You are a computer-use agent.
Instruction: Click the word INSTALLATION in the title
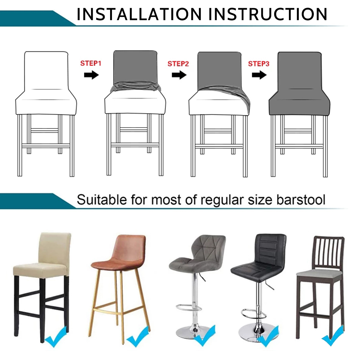pos(139,14)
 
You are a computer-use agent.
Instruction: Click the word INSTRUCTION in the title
pos(268,14)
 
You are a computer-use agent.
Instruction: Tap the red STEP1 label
pos(91,63)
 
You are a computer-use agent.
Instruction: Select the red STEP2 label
pos(178,64)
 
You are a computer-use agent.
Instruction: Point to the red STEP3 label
pos(259,64)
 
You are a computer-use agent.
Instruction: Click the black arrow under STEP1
pos(91,75)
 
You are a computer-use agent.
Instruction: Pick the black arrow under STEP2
pos(179,75)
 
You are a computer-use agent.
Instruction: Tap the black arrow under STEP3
pos(259,75)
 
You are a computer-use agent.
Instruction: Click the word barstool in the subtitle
pos(301,200)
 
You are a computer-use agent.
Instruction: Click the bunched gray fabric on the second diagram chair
pos(135,87)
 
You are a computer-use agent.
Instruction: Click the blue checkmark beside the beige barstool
pos(56,337)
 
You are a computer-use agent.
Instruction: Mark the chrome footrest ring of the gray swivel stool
pos(189,313)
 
